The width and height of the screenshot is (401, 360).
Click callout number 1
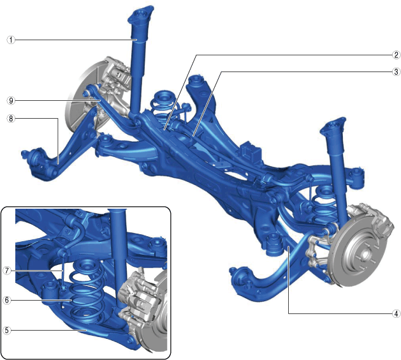[x=11, y=40]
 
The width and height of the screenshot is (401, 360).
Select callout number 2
[x=396, y=55]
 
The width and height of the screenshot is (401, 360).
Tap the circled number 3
[x=396, y=71]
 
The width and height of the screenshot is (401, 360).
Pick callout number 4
[x=396, y=313]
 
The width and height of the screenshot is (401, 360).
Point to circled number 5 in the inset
[x=7, y=330]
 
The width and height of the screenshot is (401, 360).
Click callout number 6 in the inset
[x=7, y=300]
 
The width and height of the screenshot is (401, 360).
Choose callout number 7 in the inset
[x=7, y=271]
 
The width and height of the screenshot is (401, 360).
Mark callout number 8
[x=11, y=119]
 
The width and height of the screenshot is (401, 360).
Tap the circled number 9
[x=11, y=101]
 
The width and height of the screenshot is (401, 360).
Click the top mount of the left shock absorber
[x=141, y=15]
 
